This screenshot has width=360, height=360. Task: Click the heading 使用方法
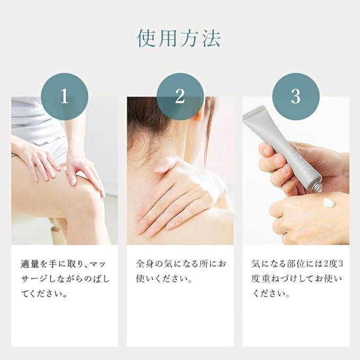[x=179, y=38]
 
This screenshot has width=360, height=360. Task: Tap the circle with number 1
[x=64, y=96]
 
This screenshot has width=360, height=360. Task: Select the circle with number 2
[x=180, y=96]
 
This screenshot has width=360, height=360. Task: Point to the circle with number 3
[x=295, y=96]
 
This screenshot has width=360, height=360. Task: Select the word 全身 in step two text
[x=145, y=264]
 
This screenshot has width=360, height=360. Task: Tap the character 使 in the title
[x=148, y=38]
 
